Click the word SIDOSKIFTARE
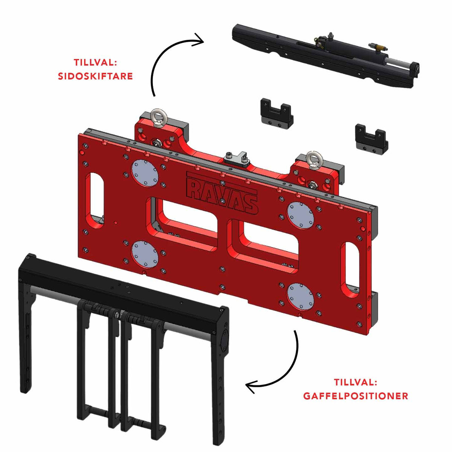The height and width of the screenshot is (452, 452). click(95, 76)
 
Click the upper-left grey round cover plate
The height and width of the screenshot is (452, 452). click(145, 173)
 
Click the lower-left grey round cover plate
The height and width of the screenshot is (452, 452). click(145, 254)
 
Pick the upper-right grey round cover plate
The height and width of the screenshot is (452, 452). click(301, 215)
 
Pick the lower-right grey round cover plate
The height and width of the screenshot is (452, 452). click(301, 296)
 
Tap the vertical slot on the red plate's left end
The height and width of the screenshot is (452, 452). click(95, 200)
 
